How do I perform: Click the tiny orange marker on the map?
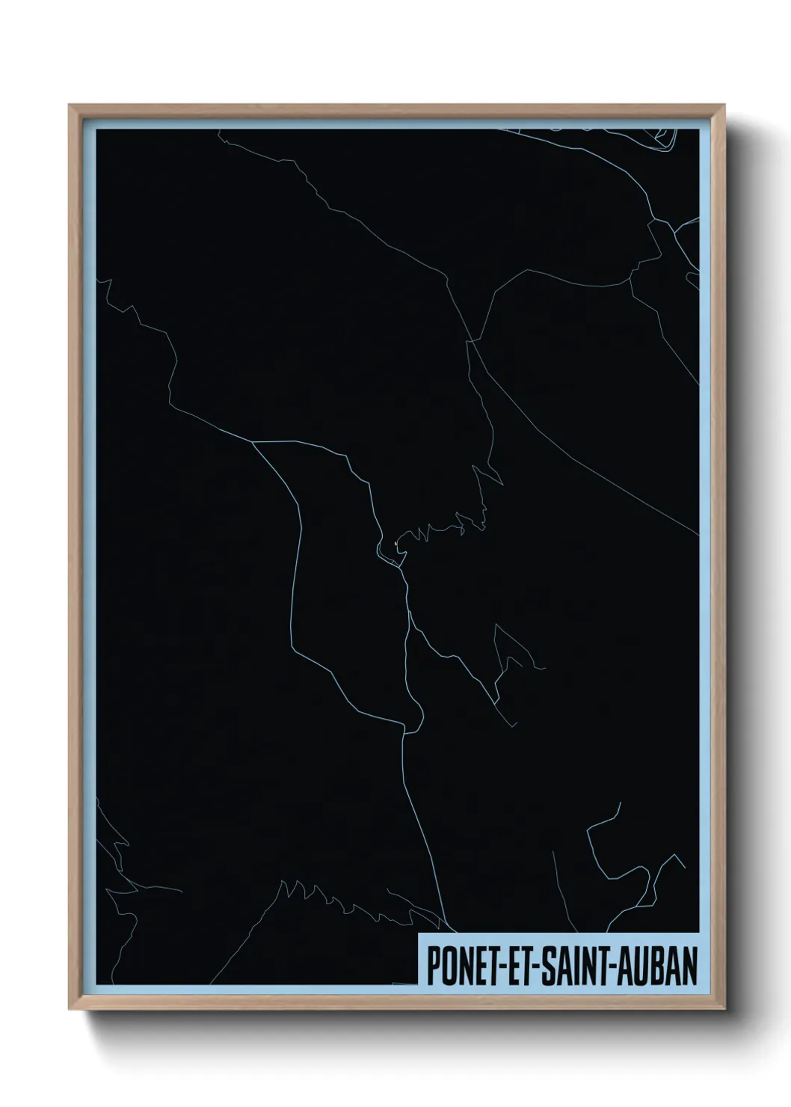(x=394, y=544)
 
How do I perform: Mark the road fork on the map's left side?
(x=253, y=443)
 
